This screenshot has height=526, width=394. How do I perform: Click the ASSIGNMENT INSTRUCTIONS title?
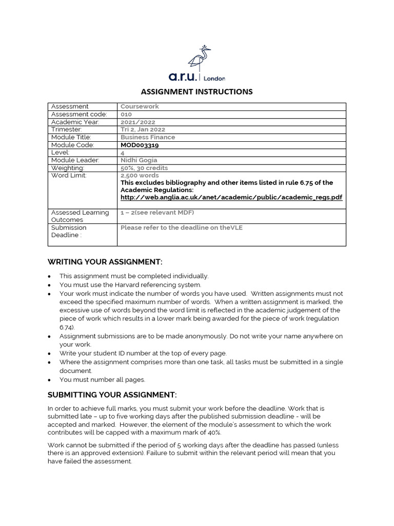pos(197,92)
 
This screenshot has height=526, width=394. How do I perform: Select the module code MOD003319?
pos(140,145)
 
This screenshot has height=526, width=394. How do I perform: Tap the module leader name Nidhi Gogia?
pos(139,160)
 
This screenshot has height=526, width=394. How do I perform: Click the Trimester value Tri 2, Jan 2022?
pos(143,130)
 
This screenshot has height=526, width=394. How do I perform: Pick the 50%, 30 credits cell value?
pos(144,168)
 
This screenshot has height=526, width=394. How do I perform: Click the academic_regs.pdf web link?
pos(231,197)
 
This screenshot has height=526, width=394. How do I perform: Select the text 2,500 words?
pos(140,176)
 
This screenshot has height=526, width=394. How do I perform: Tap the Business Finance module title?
pos(148,138)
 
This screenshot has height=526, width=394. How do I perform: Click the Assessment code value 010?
pos(126,115)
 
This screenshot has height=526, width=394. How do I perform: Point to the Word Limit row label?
pos(69,176)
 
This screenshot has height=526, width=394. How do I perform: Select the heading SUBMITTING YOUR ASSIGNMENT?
pos(112,394)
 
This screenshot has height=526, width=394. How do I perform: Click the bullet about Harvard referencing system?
pos(130,285)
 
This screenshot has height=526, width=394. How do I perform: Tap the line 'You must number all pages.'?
pos(102,380)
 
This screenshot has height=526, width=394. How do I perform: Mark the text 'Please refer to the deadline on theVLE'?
pos(181,228)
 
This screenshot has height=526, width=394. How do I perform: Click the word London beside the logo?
pos(214,79)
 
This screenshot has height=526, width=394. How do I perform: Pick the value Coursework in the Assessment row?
pos(140,107)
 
